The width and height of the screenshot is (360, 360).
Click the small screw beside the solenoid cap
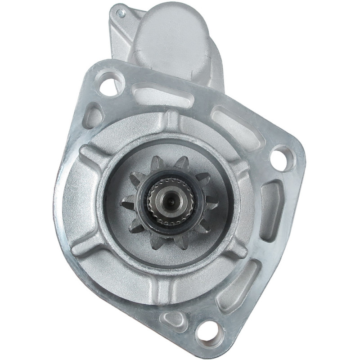(x=120, y=13)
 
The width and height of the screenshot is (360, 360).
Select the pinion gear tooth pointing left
(x=127, y=205)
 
